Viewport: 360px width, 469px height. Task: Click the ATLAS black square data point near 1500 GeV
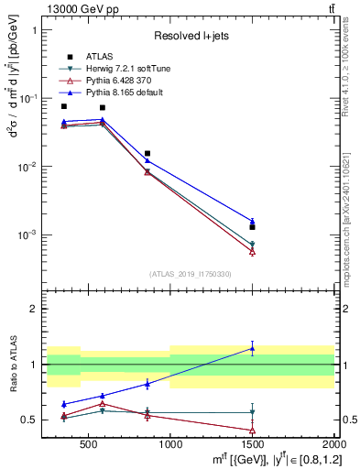(x=252, y=226)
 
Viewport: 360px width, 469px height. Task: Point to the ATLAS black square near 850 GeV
(x=147, y=154)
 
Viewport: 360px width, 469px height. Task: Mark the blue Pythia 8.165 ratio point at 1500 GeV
(x=252, y=348)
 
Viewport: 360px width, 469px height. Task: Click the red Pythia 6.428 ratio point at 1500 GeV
(x=252, y=430)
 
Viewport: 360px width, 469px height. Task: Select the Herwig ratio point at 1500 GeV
(x=252, y=412)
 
